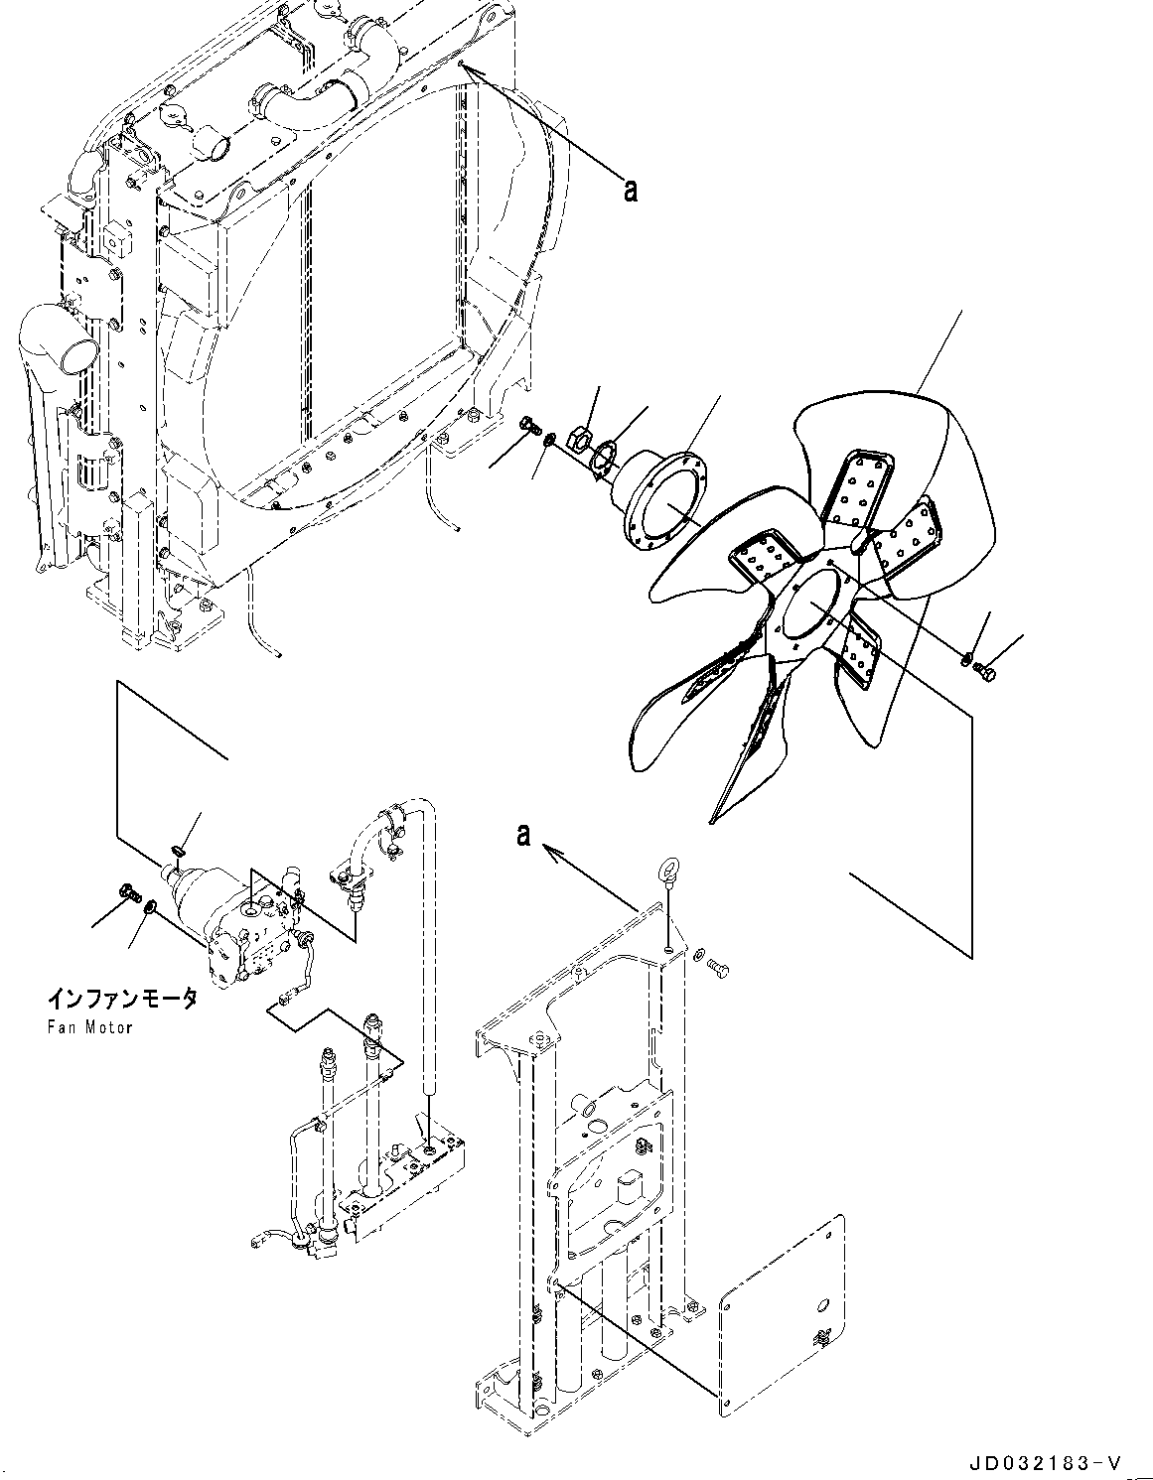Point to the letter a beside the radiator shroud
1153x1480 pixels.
click(x=629, y=188)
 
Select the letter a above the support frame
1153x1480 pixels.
click(x=523, y=836)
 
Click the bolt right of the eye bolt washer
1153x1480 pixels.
click(x=721, y=964)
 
